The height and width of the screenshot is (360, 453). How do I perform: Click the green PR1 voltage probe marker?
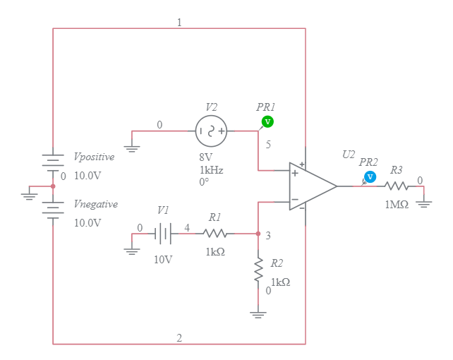pyautogui.click(x=267, y=122)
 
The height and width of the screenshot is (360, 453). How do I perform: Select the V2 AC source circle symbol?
pyautogui.click(x=211, y=131)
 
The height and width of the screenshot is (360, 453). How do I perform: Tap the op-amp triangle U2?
pyautogui.click(x=311, y=186)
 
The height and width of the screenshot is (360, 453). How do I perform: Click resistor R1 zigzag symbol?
pyautogui.click(x=215, y=233)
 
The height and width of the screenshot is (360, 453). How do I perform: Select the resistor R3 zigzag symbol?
pyautogui.click(x=396, y=186)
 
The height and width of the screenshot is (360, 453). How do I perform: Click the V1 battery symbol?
pyautogui.click(x=163, y=233)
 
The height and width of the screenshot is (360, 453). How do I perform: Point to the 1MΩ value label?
pyautogui.click(x=396, y=204)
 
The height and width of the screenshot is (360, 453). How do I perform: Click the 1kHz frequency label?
pyautogui.click(x=211, y=170)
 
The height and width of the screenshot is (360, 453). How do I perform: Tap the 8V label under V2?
pyautogui.click(x=205, y=158)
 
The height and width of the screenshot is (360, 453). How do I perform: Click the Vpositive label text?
pyautogui.click(x=94, y=157)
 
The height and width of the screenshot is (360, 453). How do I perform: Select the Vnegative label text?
pyautogui.click(x=95, y=204)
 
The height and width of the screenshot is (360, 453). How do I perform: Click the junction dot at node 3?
pyautogui.click(x=258, y=233)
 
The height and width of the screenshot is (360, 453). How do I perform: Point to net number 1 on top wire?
pyautogui.click(x=179, y=23)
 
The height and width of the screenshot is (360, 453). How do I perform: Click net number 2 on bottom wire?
pyautogui.click(x=179, y=338)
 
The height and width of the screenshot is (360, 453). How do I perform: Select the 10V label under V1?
pyautogui.click(x=163, y=259)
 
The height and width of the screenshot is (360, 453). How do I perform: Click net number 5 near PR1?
pyautogui.click(x=268, y=145)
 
